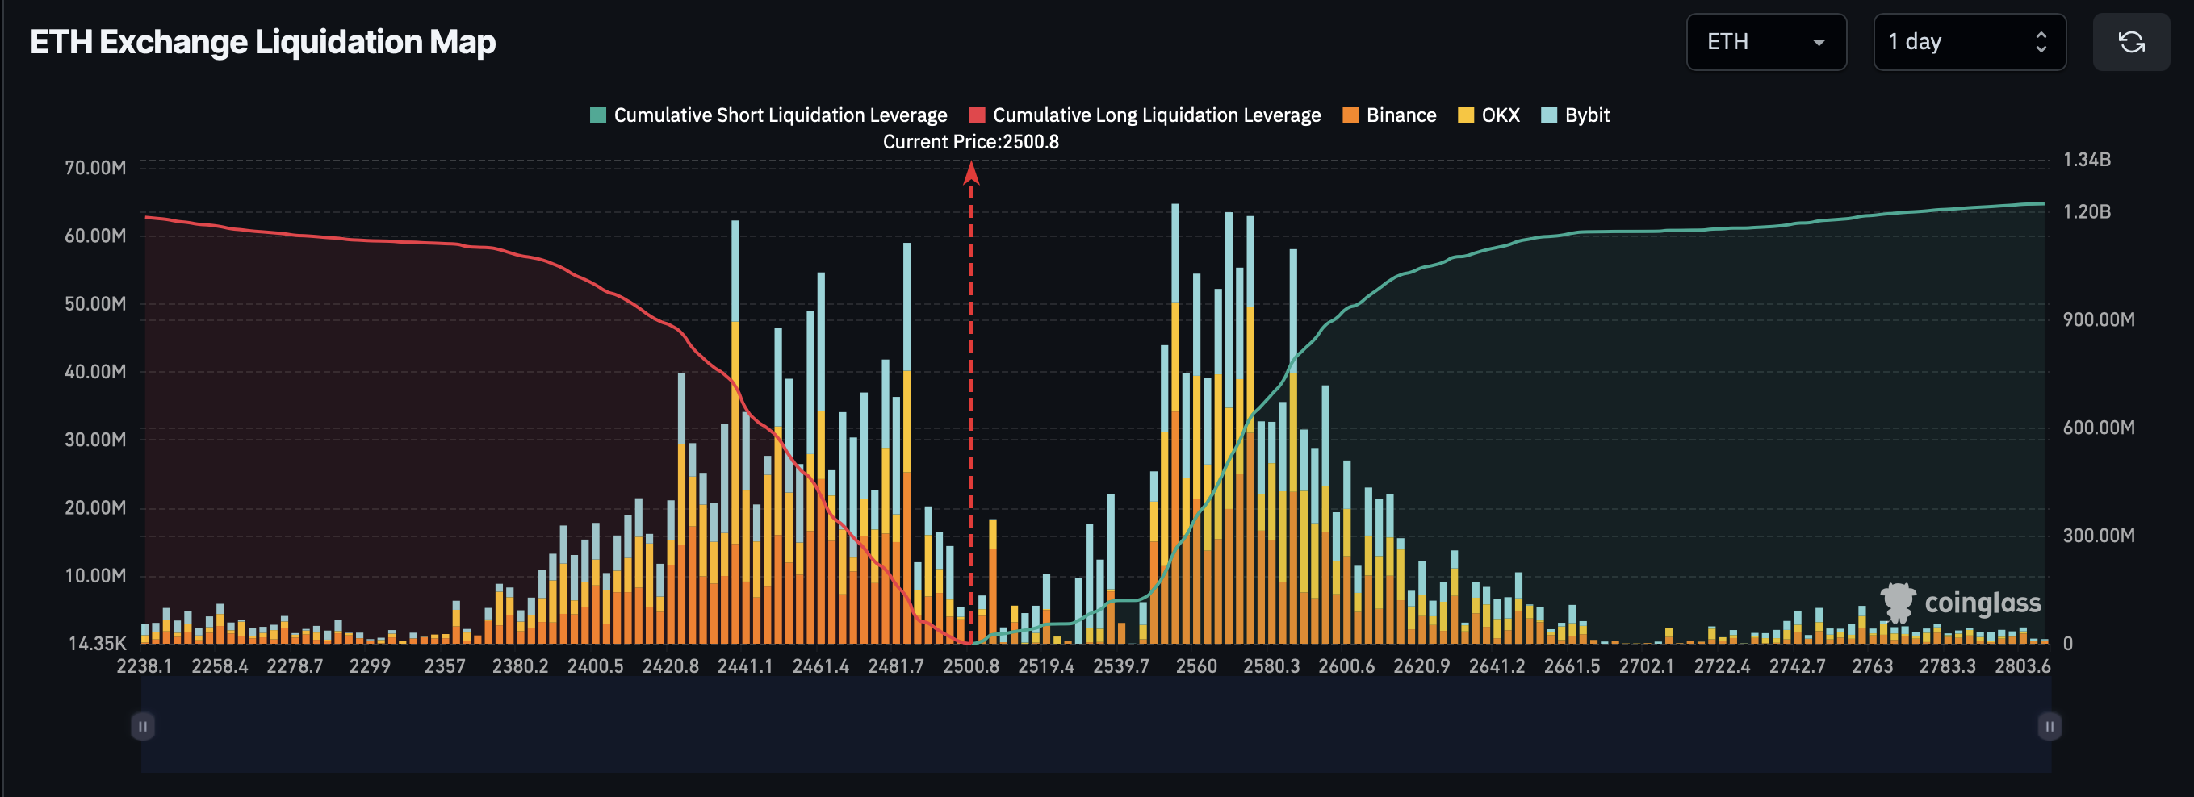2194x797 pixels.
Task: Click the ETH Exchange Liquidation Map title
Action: [262, 42]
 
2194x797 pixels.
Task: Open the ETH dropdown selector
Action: [1765, 42]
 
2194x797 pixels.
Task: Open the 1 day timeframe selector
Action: [1968, 42]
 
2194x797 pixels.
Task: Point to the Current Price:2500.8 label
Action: [970, 142]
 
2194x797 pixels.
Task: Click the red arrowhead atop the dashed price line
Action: [971, 173]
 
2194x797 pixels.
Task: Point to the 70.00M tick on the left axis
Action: [94, 168]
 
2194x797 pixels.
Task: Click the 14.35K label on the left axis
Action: [96, 644]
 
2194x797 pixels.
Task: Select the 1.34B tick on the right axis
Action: [2086, 160]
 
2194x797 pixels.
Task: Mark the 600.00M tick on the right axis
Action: [2098, 428]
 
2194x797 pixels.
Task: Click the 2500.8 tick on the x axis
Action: [970, 666]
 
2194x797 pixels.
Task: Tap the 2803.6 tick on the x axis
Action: [2022, 666]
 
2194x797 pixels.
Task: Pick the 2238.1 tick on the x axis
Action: [144, 666]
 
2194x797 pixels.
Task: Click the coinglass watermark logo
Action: [1960, 603]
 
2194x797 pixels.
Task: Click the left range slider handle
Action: [143, 726]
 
